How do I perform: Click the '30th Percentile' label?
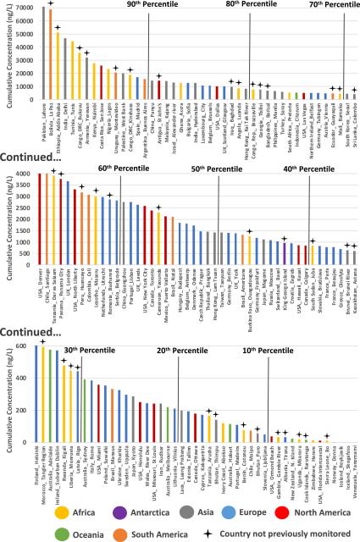click(84, 348)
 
